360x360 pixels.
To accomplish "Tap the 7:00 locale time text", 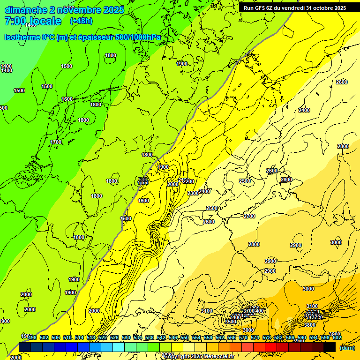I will (x=33, y=21).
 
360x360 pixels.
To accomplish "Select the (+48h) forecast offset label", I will (x=81, y=21).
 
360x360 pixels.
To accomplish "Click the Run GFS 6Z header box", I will (x=295, y=7).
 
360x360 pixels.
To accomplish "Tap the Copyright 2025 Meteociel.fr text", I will (x=199, y=357).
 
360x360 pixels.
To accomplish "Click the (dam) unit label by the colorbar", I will (x=346, y=348).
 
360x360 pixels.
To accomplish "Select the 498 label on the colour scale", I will (x=32, y=337).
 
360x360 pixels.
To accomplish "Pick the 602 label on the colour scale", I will (x=337, y=337).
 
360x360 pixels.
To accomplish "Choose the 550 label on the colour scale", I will (x=185, y=337).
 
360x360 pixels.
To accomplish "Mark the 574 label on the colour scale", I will (x=255, y=337).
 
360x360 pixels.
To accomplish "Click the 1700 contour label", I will (x=56, y=142).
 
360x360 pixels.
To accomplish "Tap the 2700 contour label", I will (x=249, y=216).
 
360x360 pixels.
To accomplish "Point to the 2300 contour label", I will (x=193, y=193).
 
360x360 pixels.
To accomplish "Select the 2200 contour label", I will (x=188, y=181).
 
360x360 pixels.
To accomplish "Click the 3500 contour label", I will (x=231, y=322).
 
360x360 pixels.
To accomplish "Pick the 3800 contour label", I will (x=310, y=325).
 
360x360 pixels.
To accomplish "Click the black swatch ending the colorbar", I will (x=330, y=347).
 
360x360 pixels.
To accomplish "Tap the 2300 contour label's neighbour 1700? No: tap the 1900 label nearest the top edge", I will (x=182, y=64).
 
